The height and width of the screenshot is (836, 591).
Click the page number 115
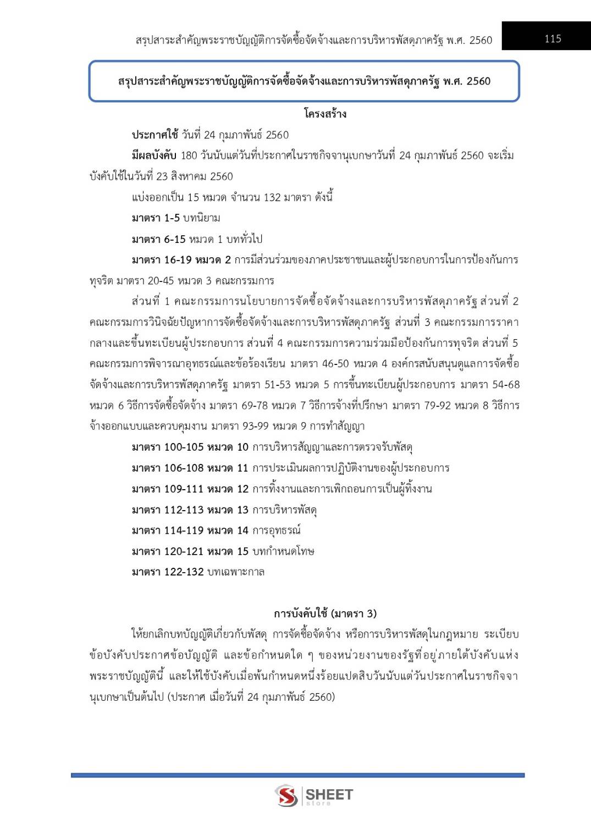553,38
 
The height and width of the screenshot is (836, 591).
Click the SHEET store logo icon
286,795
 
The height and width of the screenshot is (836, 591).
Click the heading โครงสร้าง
325,114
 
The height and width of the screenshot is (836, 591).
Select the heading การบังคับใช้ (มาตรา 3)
325,613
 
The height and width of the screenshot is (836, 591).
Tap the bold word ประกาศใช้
155,135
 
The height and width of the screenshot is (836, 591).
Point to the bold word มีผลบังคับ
154,156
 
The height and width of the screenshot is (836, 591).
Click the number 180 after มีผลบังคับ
189,156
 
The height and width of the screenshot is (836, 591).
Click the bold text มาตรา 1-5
156,218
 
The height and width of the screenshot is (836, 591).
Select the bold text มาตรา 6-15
158,239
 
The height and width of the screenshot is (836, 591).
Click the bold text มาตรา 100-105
167,447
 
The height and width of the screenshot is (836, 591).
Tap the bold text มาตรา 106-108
167,468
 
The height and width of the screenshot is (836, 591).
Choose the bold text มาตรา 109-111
167,489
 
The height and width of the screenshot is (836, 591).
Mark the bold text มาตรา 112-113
167,510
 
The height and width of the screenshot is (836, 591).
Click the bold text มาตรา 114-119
167,531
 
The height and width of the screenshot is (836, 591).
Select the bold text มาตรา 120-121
167,551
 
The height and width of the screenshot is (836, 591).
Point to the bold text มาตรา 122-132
167,572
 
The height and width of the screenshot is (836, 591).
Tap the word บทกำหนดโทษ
283,551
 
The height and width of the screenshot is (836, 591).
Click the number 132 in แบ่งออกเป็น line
272,197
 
